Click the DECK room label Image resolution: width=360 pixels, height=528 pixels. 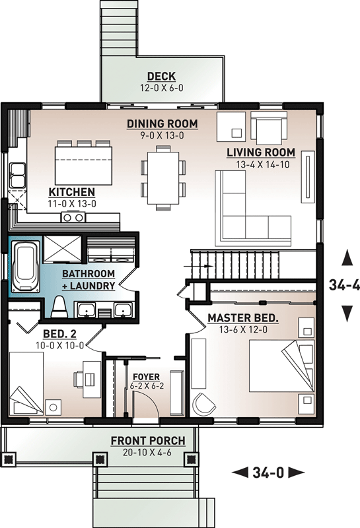tap(161, 76)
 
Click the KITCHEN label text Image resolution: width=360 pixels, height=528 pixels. tap(72, 192)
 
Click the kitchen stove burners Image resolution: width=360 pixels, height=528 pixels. tap(71, 217)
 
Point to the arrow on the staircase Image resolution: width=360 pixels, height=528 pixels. tap(206, 267)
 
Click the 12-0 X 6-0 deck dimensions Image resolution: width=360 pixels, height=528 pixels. tap(161, 87)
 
